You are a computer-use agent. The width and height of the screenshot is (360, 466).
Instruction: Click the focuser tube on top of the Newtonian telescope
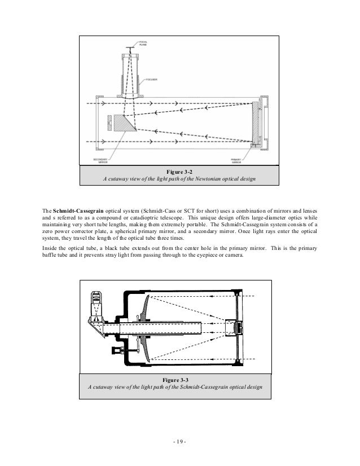click(130, 76)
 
